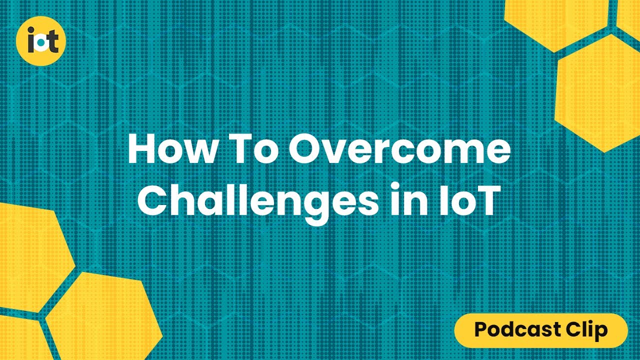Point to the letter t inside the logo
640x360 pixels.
(53, 42)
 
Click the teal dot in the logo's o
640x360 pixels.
(41, 45)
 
